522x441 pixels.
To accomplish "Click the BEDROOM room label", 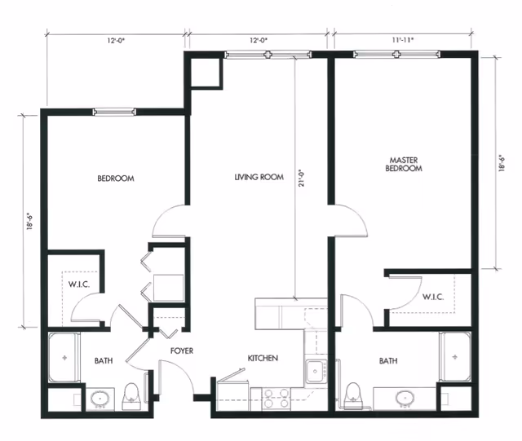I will click(x=115, y=179).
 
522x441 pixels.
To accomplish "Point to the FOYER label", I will click(x=181, y=351).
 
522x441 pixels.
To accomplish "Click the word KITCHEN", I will click(x=263, y=358).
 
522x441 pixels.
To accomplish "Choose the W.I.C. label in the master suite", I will click(x=432, y=297).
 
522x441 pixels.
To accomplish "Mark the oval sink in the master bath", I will click(x=405, y=399).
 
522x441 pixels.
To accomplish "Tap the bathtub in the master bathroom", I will click(x=454, y=357).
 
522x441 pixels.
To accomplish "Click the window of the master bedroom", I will click(x=397, y=55).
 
